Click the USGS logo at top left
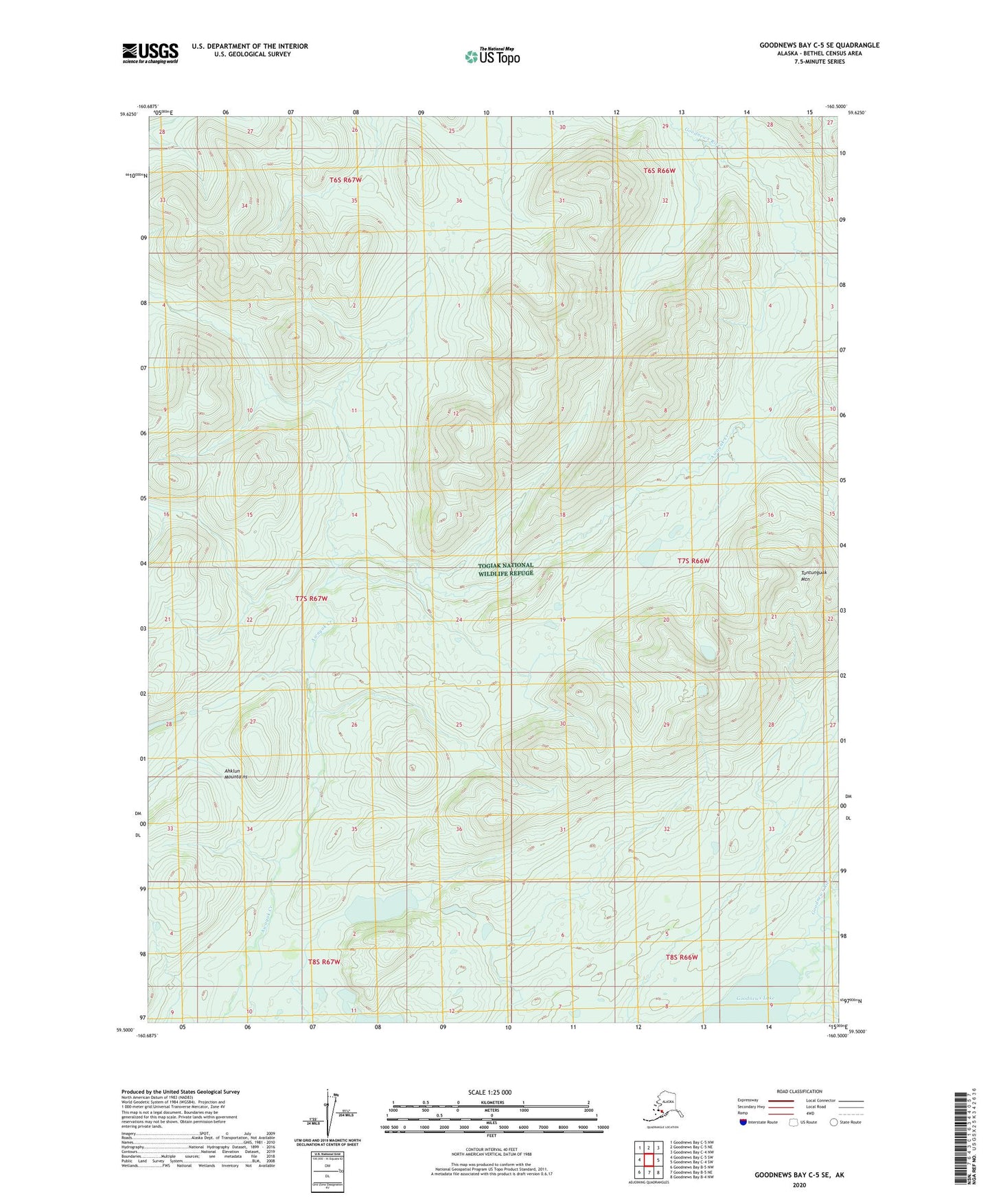(x=150, y=53)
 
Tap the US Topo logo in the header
(x=492, y=56)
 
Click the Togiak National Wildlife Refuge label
(x=505, y=569)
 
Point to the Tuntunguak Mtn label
(x=814, y=575)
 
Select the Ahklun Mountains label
(x=235, y=773)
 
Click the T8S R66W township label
(x=681, y=957)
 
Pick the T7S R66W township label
(x=693, y=561)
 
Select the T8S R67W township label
(x=324, y=961)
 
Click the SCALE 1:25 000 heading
(x=490, y=1092)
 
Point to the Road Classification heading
(x=799, y=1091)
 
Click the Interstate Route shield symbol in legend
(x=743, y=1122)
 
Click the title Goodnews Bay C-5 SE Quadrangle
(x=818, y=45)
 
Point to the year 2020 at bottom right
(x=799, y=1184)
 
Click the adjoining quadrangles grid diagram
(x=648, y=1160)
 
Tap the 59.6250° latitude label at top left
(x=128, y=115)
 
